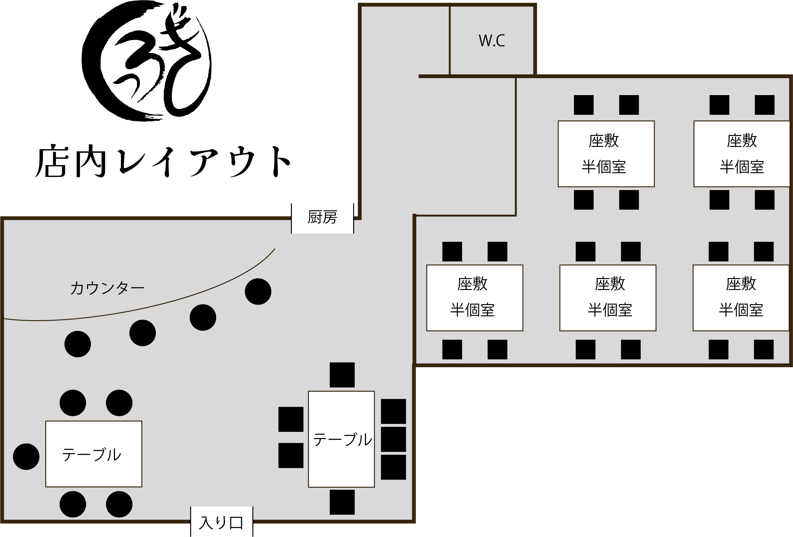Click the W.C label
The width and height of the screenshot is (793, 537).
(x=492, y=40)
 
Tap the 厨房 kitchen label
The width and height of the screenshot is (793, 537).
(x=322, y=217)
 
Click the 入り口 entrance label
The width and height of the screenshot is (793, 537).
(x=221, y=523)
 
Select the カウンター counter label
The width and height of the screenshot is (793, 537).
(x=107, y=288)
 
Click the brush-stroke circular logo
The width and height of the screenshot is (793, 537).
(x=147, y=62)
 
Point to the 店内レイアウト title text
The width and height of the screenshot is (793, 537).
(x=163, y=162)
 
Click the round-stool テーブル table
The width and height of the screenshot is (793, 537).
(x=94, y=454)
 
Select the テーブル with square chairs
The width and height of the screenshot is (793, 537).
(x=341, y=439)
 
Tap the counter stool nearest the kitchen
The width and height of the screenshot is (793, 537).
(x=258, y=292)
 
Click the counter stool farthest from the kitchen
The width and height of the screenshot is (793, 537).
(x=78, y=344)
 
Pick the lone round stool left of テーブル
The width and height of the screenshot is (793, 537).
(x=26, y=457)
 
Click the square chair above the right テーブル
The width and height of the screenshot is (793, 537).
(x=342, y=375)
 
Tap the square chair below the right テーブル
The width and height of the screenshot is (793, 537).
(x=342, y=502)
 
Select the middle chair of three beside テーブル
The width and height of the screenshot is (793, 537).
(x=393, y=439)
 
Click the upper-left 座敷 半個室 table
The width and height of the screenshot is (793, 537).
(x=606, y=154)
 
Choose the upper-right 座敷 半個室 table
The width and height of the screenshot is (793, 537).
(x=741, y=154)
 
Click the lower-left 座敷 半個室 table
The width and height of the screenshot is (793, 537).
(x=475, y=298)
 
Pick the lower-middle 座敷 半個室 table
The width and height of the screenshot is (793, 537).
(x=608, y=298)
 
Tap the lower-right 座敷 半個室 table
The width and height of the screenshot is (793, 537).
(x=741, y=298)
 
